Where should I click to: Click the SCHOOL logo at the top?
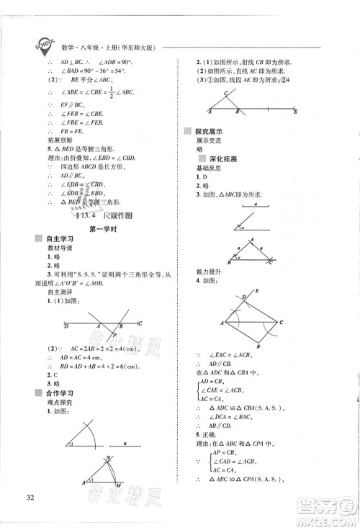tap(41, 45)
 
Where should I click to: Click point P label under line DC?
tap(111, 335)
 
